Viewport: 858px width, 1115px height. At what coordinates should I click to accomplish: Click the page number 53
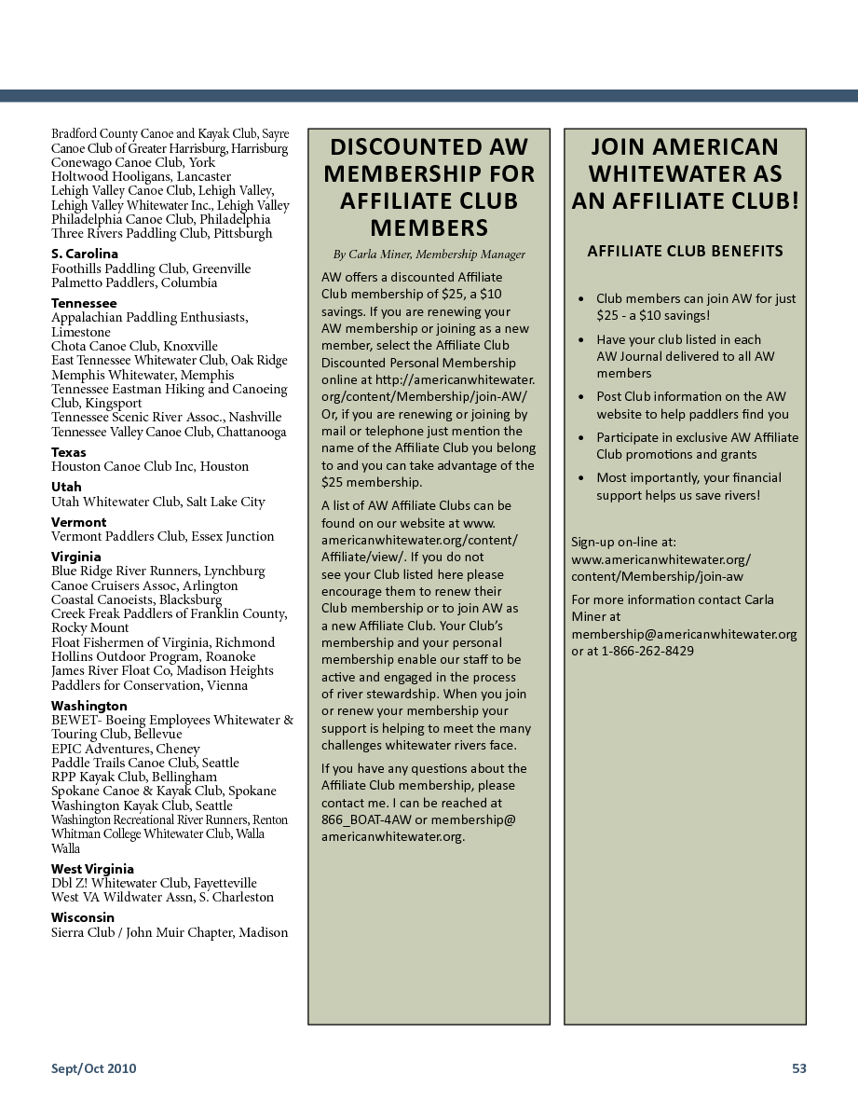[x=798, y=1068]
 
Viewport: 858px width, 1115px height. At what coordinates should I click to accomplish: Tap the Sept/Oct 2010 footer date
[x=93, y=1068]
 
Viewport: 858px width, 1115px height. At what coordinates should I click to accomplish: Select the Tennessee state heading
[x=84, y=303]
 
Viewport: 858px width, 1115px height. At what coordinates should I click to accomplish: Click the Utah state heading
[x=66, y=487]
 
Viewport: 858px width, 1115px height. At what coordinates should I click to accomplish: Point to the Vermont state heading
[x=78, y=522]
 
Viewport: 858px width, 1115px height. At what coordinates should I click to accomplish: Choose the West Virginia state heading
[x=92, y=869]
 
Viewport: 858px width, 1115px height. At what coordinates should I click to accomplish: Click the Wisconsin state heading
[x=82, y=917]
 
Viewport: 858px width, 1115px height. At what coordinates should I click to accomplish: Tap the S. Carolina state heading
[x=85, y=254]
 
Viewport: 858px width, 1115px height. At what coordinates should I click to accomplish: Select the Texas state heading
[x=69, y=452]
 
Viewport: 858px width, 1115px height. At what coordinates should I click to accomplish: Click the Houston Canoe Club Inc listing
[x=150, y=466]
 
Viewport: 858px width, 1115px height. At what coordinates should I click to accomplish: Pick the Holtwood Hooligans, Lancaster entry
[x=141, y=176]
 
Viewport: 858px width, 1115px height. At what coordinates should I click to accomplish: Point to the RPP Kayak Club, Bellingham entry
[x=134, y=777]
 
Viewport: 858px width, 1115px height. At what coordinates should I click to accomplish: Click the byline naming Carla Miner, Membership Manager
[x=429, y=254]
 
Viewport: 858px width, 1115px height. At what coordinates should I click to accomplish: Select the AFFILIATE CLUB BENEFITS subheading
[x=685, y=251]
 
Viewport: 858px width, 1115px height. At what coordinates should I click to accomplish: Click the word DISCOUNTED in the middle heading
[x=402, y=146]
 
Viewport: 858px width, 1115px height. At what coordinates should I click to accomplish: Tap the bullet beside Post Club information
[x=582, y=397]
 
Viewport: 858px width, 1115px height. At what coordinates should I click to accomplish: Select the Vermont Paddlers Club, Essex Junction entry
[x=163, y=536]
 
